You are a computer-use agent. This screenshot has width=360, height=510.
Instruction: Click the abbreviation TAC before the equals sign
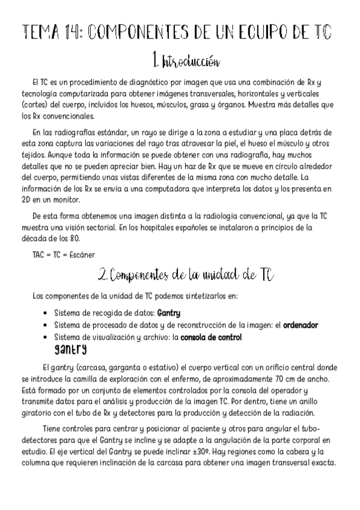pos(39,254)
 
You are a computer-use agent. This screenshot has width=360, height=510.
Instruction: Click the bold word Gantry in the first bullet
pos(168,313)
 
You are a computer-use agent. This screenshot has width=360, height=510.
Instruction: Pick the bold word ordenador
pos(301,325)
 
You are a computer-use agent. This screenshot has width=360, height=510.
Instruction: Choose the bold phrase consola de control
pos(211,337)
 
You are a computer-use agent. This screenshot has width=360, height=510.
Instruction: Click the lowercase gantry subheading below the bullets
pos(70,349)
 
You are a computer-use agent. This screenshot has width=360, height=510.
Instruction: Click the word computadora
pos(142,189)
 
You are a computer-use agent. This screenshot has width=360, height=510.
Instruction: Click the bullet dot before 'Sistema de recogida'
pos(46,313)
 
